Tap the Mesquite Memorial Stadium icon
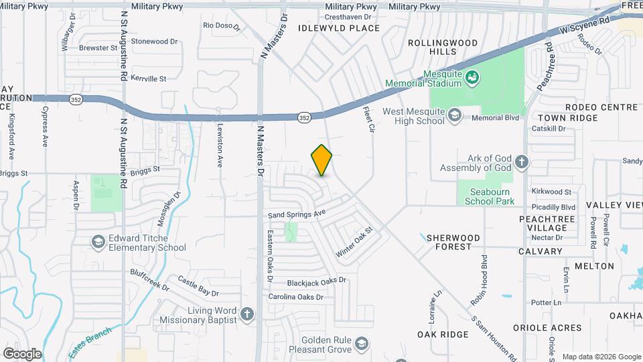coord(472,77)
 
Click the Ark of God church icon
coord(522,162)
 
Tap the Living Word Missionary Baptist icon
coord(247,314)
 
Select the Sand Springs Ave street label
coord(297,213)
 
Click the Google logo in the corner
coord(22,353)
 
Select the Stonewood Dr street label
coord(155,41)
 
